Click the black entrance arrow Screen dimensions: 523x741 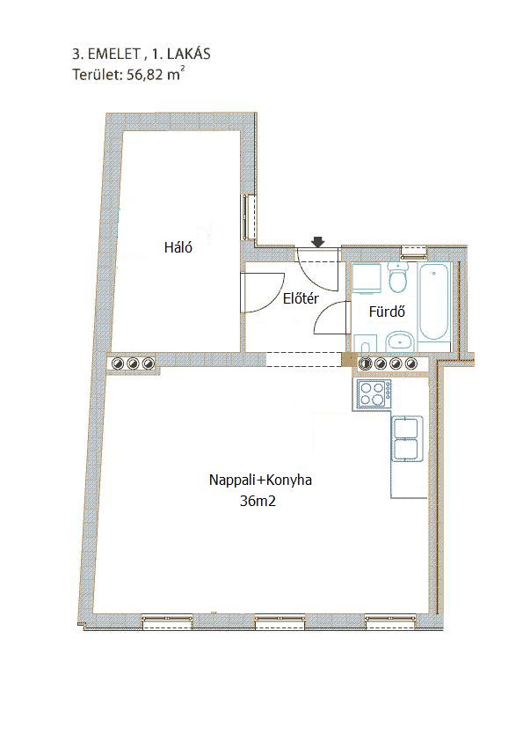pos(318,242)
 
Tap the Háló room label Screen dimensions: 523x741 pos(178,247)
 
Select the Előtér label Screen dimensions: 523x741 pos(301,298)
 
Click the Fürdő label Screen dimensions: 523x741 pos(387,312)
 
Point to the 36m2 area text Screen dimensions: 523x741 pos(258,502)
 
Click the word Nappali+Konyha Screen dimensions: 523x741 pos(260,481)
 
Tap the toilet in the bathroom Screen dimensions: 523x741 pos(399,277)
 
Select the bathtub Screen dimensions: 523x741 pos(435,302)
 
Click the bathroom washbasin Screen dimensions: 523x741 pos(400,341)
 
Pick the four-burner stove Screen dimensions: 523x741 pos(373,394)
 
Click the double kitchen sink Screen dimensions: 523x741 pos(406,438)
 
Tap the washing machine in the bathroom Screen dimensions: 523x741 pos(367,279)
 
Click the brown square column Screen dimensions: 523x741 pos(349,359)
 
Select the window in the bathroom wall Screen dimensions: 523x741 pos(414,253)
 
